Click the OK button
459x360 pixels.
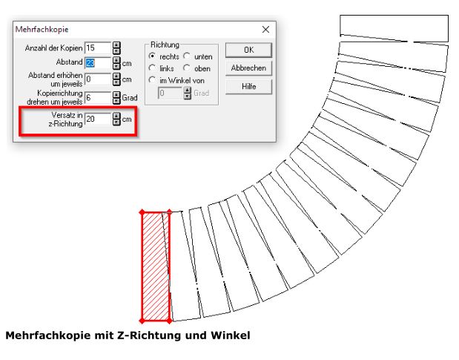tap(248, 50)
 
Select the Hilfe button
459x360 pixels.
tap(248, 86)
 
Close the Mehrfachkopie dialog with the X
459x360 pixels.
tap(265, 29)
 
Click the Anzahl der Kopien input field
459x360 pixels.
tap(98, 48)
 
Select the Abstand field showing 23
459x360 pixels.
tap(98, 62)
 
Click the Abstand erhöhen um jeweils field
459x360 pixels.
tap(98, 79)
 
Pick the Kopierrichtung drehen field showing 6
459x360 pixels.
tap(98, 97)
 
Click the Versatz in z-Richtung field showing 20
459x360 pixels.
tap(98, 119)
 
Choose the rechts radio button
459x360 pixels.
tap(152, 56)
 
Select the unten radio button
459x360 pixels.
tap(186, 56)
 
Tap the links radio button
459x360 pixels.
tap(152, 68)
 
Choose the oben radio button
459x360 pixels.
tap(186, 68)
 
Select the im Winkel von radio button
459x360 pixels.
tap(152, 80)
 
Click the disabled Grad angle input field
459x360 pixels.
tap(170, 93)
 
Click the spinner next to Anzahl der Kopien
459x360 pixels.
tap(116, 48)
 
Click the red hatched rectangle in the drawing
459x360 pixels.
tap(156, 266)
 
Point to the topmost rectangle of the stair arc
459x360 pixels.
tap(394, 28)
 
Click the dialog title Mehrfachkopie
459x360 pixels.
tap(42, 29)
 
